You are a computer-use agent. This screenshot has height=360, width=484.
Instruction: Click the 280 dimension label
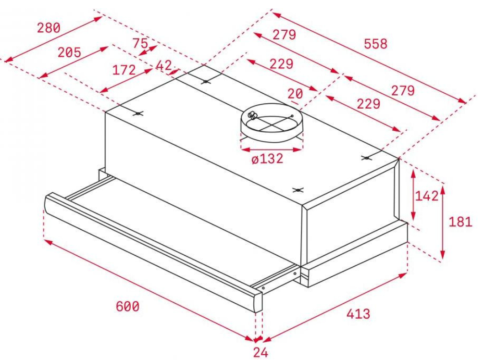pyautogui.click(x=49, y=28)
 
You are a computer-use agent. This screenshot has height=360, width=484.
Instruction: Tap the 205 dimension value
pyautogui.click(x=69, y=52)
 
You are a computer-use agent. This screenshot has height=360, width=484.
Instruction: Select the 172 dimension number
pyautogui.click(x=124, y=70)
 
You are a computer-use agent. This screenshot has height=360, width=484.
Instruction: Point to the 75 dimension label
pyautogui.click(x=140, y=43)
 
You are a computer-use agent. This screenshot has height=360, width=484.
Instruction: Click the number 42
pyautogui.click(x=164, y=65)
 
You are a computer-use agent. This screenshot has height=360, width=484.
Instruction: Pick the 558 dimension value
pyautogui.click(x=375, y=44)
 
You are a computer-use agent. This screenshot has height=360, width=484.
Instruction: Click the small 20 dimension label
pyautogui.click(x=296, y=93)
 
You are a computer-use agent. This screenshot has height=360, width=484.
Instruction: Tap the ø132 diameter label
pyautogui.click(x=267, y=159)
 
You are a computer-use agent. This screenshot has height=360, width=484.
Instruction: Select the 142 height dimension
pyautogui.click(x=427, y=196)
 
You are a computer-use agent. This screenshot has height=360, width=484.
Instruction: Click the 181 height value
pyautogui.click(x=460, y=222)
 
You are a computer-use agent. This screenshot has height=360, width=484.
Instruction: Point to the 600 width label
pyautogui.click(x=127, y=306)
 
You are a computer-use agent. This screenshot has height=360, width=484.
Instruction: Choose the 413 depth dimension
pyautogui.click(x=358, y=314)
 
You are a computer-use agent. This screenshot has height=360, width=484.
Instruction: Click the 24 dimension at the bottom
pyautogui.click(x=261, y=352)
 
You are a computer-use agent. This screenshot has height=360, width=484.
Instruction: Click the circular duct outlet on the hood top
pyautogui.click(x=272, y=122)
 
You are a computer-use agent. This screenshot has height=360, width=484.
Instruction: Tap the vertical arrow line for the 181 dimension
pyautogui.click(x=443, y=223)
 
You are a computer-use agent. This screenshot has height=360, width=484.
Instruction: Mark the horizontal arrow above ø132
pyautogui.click(x=272, y=150)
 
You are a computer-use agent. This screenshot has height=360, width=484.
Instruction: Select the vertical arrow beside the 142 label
pyautogui.click(x=414, y=195)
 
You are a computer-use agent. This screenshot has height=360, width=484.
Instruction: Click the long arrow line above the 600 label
pyautogui.click(x=149, y=290)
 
